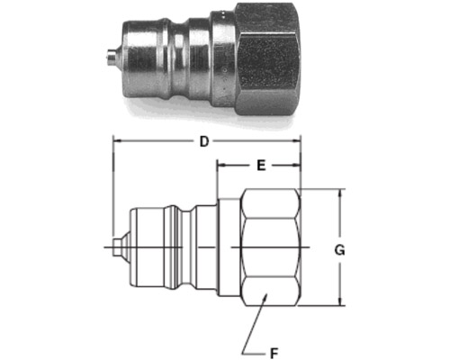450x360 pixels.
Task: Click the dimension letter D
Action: (x=204, y=141)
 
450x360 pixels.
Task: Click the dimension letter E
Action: (x=261, y=166)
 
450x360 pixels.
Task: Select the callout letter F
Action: (x=274, y=353)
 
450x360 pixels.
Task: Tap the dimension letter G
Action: (x=339, y=250)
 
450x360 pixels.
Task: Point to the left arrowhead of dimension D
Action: (x=116, y=140)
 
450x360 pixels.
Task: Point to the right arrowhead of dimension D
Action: (x=297, y=140)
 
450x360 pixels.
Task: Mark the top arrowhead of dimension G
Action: (x=339, y=193)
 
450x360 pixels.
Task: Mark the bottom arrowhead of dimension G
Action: (x=339, y=301)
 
